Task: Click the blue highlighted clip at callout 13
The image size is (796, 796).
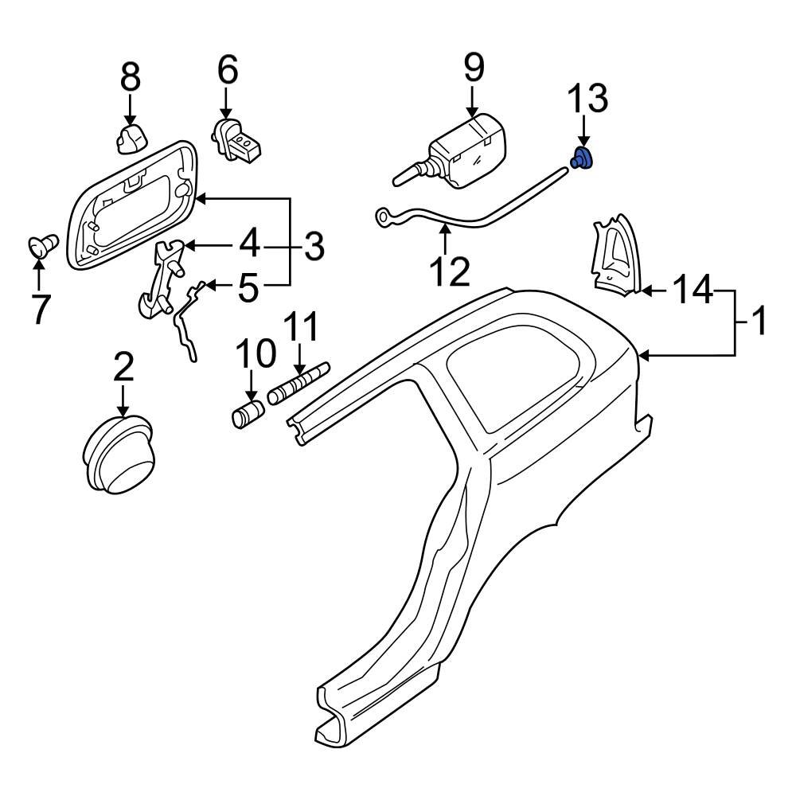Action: [583, 159]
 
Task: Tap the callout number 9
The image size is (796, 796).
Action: [474, 68]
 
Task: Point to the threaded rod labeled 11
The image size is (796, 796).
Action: [298, 384]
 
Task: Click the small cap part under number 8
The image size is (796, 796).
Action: [130, 137]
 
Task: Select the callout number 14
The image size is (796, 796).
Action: [693, 291]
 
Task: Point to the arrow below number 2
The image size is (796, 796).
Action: [123, 398]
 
